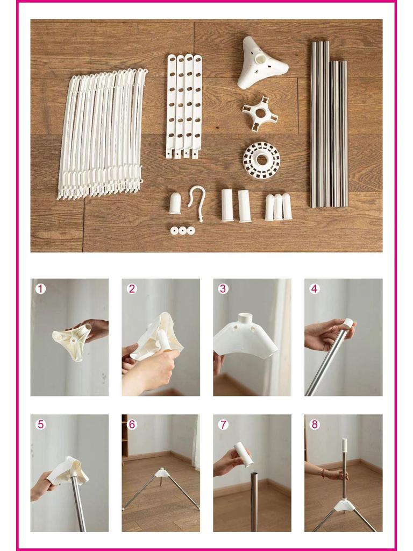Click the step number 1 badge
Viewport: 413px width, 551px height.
point(40,288)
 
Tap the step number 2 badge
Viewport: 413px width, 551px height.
point(132,288)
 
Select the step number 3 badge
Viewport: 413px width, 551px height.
point(223,288)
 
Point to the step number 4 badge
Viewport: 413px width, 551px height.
point(315,288)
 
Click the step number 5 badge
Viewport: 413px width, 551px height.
point(40,424)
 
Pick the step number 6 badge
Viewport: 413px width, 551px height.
point(132,424)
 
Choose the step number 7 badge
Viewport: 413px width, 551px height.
point(223,424)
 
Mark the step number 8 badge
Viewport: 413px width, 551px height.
point(315,424)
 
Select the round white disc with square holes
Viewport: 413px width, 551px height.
point(261,160)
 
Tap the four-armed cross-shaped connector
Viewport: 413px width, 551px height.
point(260,113)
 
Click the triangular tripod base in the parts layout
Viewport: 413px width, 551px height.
point(262,63)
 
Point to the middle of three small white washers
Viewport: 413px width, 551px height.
point(182,230)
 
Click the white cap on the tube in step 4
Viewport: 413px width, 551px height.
point(348,324)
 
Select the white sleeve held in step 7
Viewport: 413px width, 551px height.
point(244,455)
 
